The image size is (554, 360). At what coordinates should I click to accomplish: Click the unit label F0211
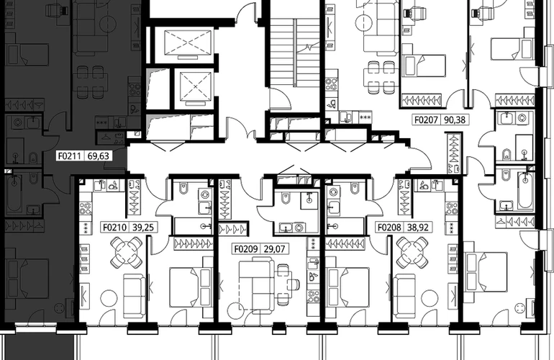(70, 156)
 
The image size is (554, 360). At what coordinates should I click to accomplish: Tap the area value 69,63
(99, 156)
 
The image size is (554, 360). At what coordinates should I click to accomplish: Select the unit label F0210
(115, 227)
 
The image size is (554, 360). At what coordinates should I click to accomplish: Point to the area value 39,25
(143, 227)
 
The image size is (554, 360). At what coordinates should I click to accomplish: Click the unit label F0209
(246, 249)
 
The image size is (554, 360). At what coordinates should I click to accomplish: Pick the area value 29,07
(275, 249)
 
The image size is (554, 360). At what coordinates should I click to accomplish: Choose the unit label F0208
(389, 227)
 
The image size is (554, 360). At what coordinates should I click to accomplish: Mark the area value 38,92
(417, 227)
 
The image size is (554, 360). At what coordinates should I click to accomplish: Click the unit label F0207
(426, 120)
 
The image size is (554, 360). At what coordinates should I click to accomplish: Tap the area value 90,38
(455, 120)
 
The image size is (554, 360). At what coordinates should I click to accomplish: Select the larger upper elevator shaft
(188, 42)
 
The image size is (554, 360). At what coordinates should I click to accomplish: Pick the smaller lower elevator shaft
(196, 86)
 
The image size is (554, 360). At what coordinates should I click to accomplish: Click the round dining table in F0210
(127, 253)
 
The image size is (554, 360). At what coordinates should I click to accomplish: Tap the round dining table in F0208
(412, 253)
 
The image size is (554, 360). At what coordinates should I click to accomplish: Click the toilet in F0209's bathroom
(285, 199)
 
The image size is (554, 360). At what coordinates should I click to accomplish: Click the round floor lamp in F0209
(236, 311)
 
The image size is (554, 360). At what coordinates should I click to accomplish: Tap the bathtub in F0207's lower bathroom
(525, 190)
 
